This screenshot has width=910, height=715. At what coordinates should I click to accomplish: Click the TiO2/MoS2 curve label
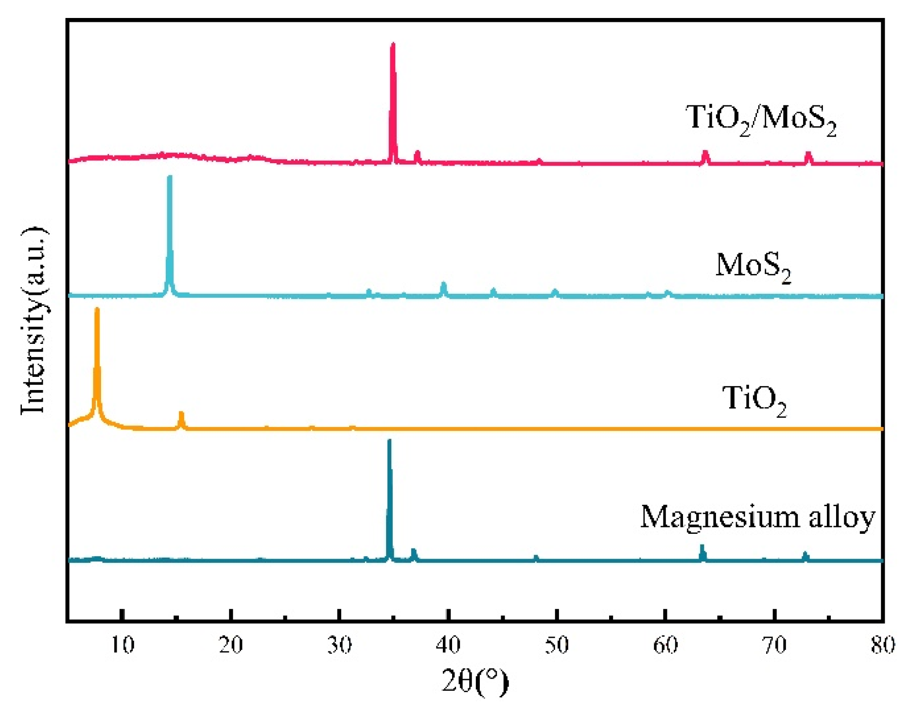pos(760,119)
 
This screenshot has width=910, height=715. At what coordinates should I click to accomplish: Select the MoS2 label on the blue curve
pos(753,267)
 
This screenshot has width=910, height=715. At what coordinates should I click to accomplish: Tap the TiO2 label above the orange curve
pos(754,400)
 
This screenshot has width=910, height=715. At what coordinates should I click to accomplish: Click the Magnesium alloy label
pos(757,517)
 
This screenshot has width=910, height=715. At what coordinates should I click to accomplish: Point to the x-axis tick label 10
pos(122,646)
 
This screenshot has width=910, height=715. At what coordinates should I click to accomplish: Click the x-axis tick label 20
pos(231,646)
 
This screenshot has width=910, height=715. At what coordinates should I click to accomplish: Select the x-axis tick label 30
pos(339,646)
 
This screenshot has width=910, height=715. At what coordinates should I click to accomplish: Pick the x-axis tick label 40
pos(448,646)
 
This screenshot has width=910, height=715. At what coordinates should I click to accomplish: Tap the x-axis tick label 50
pos(557,646)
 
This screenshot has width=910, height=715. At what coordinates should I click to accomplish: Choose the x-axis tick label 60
pos(665,646)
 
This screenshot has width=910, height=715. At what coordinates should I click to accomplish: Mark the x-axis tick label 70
pos(774,646)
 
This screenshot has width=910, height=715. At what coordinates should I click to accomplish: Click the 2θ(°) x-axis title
pos(475,681)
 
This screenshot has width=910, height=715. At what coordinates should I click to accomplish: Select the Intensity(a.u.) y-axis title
pos(34,321)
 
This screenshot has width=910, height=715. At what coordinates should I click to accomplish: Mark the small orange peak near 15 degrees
pos(181,414)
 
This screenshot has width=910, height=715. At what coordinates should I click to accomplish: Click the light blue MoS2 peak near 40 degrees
pos(443,284)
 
